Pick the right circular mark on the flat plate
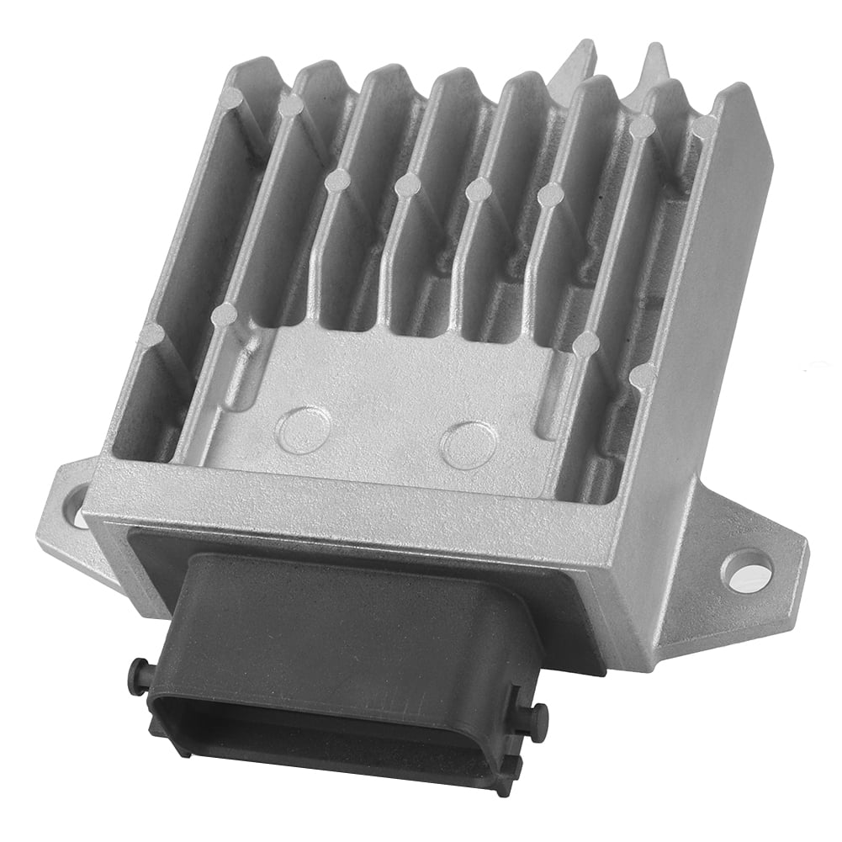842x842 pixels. click(x=465, y=445)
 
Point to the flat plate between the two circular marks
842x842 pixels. click(x=383, y=437)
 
